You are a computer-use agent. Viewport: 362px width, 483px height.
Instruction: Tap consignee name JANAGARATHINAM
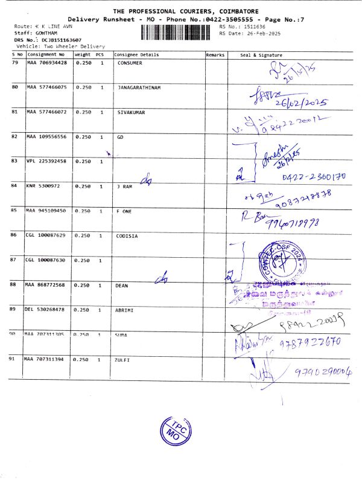[139, 88]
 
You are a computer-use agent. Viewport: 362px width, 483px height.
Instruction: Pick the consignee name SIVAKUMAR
[131, 112]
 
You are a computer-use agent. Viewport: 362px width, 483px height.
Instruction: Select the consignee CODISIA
[127, 236]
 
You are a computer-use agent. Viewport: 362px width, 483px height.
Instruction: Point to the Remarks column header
[215, 55]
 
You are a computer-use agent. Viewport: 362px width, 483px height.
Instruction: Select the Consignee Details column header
[136, 55]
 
